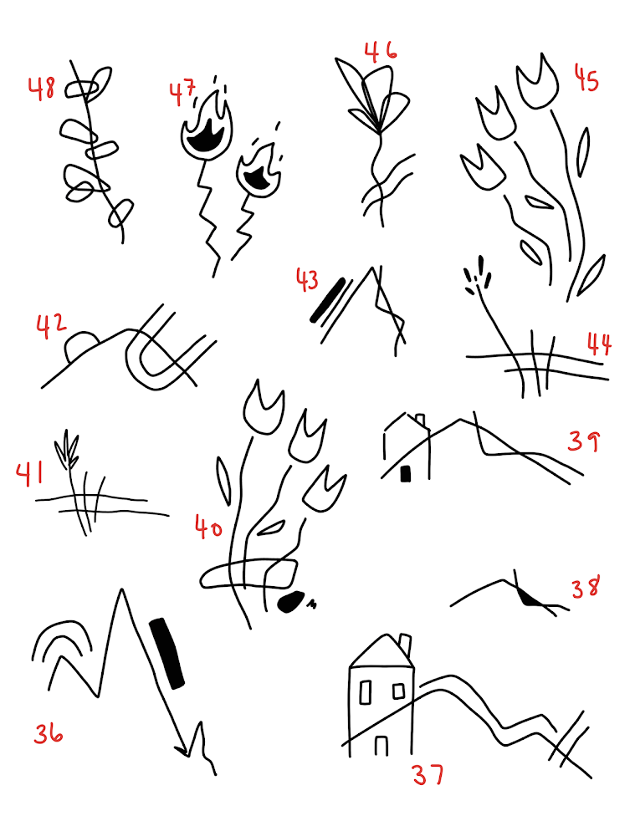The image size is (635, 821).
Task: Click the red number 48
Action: (41, 88)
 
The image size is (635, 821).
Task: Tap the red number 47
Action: (182, 92)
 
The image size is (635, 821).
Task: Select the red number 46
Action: (381, 52)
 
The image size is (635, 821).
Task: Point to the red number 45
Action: (586, 79)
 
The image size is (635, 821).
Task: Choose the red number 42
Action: (51, 326)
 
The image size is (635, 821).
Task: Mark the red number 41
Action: (29, 474)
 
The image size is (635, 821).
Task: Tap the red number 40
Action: (208, 527)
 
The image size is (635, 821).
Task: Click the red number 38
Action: (585, 587)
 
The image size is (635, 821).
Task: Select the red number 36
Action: (49, 732)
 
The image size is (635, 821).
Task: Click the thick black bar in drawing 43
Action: (328, 299)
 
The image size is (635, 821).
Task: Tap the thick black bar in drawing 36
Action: (167, 653)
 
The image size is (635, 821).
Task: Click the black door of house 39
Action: (406, 473)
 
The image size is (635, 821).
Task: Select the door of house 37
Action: (382, 746)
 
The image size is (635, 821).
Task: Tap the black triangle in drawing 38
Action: (530, 597)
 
